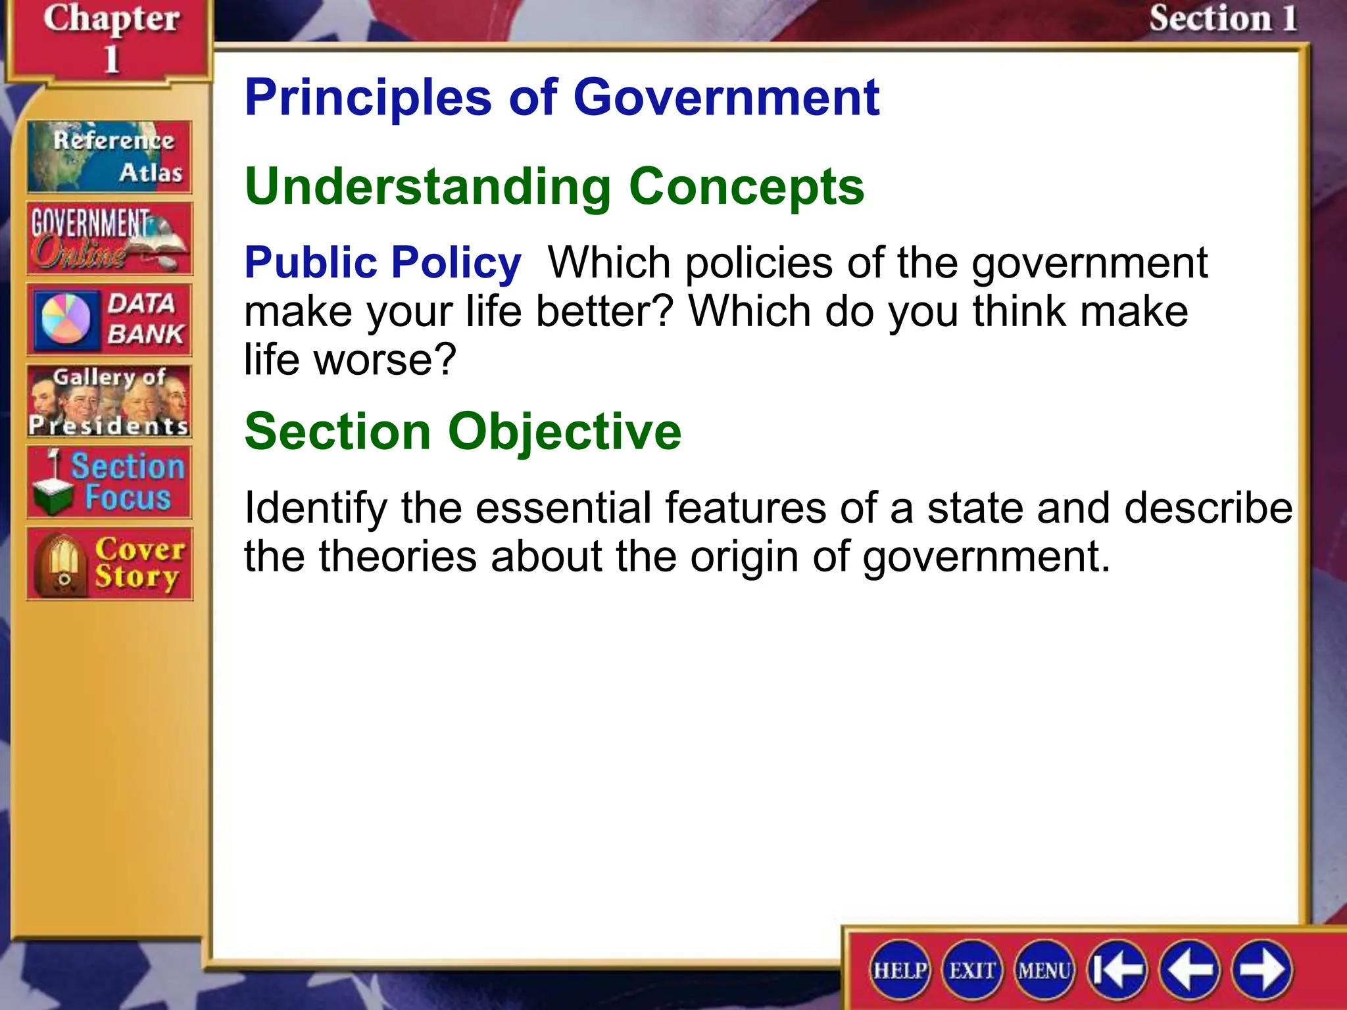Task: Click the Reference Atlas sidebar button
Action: tap(109, 156)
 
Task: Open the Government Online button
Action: tap(109, 238)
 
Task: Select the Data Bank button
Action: tap(109, 320)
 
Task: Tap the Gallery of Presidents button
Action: tap(109, 401)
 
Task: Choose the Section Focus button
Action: tap(109, 482)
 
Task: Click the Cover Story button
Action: tap(109, 564)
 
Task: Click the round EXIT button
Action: tap(972, 970)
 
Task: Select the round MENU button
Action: tap(1044, 970)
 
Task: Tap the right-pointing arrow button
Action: tap(1261, 970)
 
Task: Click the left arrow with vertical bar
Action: tap(1117, 970)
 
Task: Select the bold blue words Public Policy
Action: tap(383, 263)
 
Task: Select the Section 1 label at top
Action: tap(1222, 18)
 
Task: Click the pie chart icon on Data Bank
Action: tap(66, 319)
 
